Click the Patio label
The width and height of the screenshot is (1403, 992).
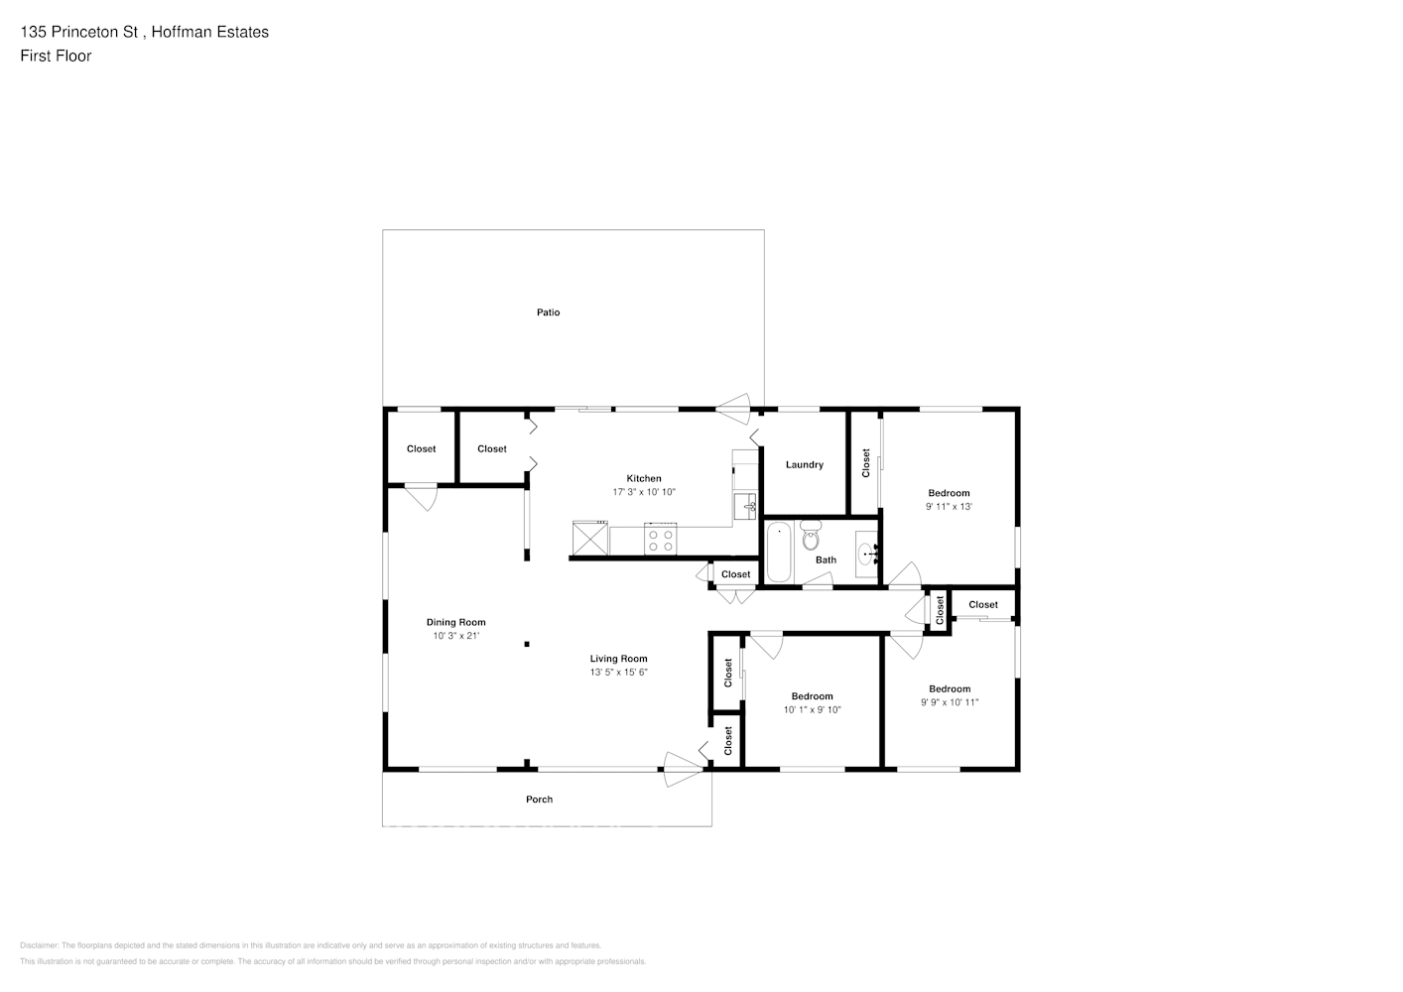pos(548,312)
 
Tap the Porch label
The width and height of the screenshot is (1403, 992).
pos(539,800)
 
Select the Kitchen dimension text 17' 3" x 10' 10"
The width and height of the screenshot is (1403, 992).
pos(644,492)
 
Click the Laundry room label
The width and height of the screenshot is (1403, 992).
pos(804,464)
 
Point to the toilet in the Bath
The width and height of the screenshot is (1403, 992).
pos(811,537)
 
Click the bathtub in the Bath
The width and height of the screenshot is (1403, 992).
pos(779,552)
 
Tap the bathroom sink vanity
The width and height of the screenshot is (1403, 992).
pos(865,553)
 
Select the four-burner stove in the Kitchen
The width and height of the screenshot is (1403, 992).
pos(660,540)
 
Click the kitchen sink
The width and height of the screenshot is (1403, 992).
pos(744,505)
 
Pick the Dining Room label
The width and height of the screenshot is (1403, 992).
pos(456,623)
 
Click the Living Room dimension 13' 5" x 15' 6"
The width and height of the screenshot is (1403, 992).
pos(618,673)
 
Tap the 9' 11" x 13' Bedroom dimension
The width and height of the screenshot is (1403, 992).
pos(949,507)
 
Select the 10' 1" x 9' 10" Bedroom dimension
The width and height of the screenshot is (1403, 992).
pos(812,710)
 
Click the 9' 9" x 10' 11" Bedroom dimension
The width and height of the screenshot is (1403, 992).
pos(949,702)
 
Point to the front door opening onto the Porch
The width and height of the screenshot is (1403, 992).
pos(683,769)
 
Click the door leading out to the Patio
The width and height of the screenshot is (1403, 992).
pos(734,408)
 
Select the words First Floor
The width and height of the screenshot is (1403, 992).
pos(56,56)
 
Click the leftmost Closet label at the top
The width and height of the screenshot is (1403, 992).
pos(421,449)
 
